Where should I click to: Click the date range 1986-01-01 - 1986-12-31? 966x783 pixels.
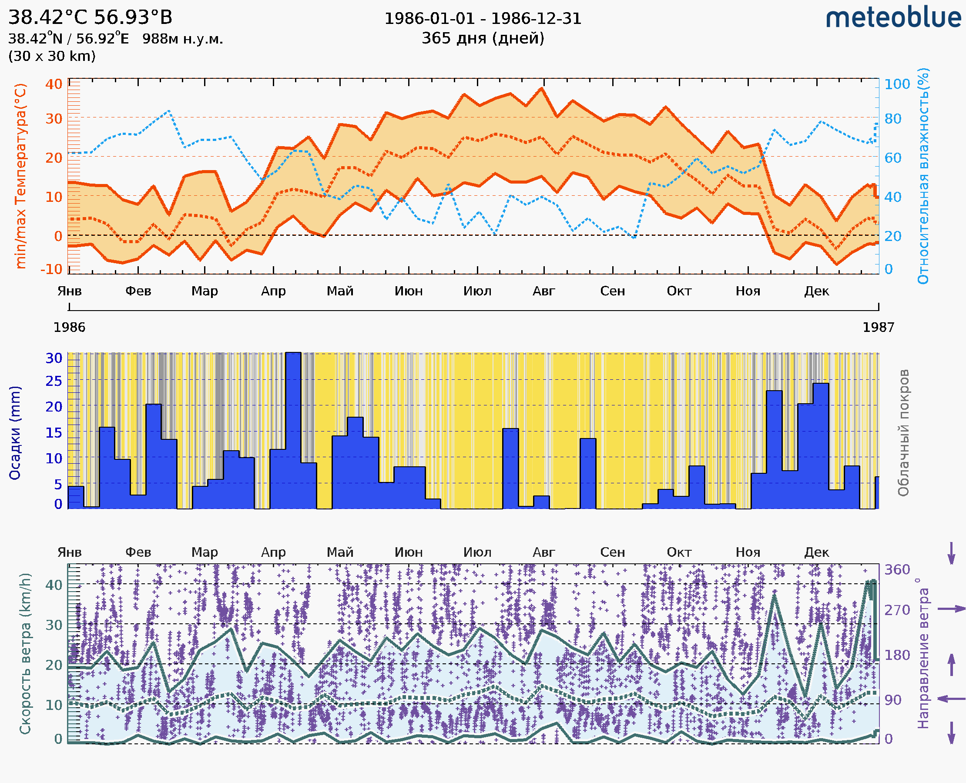483,19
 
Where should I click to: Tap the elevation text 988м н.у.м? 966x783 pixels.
182,39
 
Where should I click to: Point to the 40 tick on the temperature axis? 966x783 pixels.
54,84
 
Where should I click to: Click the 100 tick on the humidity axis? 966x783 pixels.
897,84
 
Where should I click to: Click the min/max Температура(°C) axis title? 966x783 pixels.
20,176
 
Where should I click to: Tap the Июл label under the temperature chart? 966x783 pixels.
477,291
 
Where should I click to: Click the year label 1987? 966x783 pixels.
878,328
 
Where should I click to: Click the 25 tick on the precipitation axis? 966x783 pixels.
54,381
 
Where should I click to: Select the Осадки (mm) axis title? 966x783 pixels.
15,433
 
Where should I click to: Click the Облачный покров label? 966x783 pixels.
903,433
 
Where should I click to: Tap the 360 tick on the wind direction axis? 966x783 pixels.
897,570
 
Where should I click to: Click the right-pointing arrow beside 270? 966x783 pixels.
951,609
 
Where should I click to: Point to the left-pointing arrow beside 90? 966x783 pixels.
951,699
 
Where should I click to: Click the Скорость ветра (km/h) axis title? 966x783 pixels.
25,654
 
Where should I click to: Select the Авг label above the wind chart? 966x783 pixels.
543,552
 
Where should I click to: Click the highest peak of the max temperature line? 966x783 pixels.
542,88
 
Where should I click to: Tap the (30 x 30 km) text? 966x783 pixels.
52,57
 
